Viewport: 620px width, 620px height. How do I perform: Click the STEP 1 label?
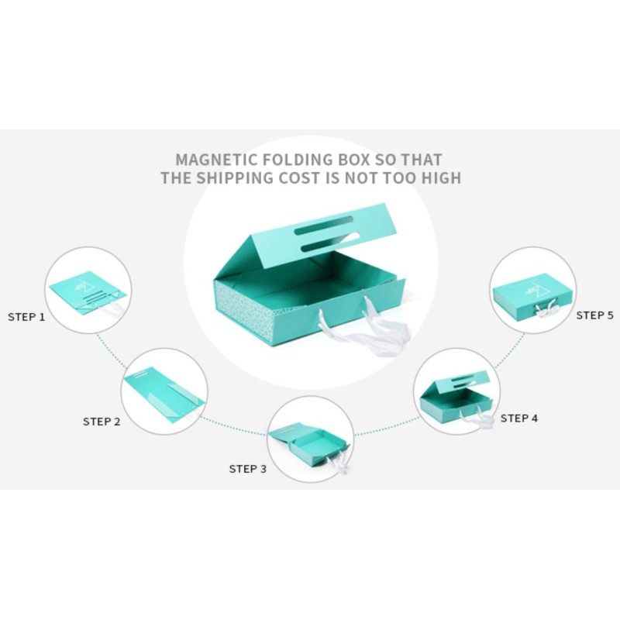[x=26, y=317]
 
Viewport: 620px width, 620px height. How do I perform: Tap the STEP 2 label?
[x=102, y=422]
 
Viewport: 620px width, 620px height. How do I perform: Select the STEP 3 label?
[x=248, y=469]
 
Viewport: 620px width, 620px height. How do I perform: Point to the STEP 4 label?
[x=519, y=418]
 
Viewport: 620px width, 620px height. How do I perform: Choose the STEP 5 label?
[x=594, y=315]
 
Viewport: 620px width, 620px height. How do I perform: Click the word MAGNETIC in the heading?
[x=216, y=160]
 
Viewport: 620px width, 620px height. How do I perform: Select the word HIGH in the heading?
[x=441, y=178]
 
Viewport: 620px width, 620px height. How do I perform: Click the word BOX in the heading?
[x=354, y=160]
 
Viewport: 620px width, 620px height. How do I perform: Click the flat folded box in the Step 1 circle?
[x=88, y=294]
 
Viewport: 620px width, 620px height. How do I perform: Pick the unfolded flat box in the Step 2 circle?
[x=164, y=394]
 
